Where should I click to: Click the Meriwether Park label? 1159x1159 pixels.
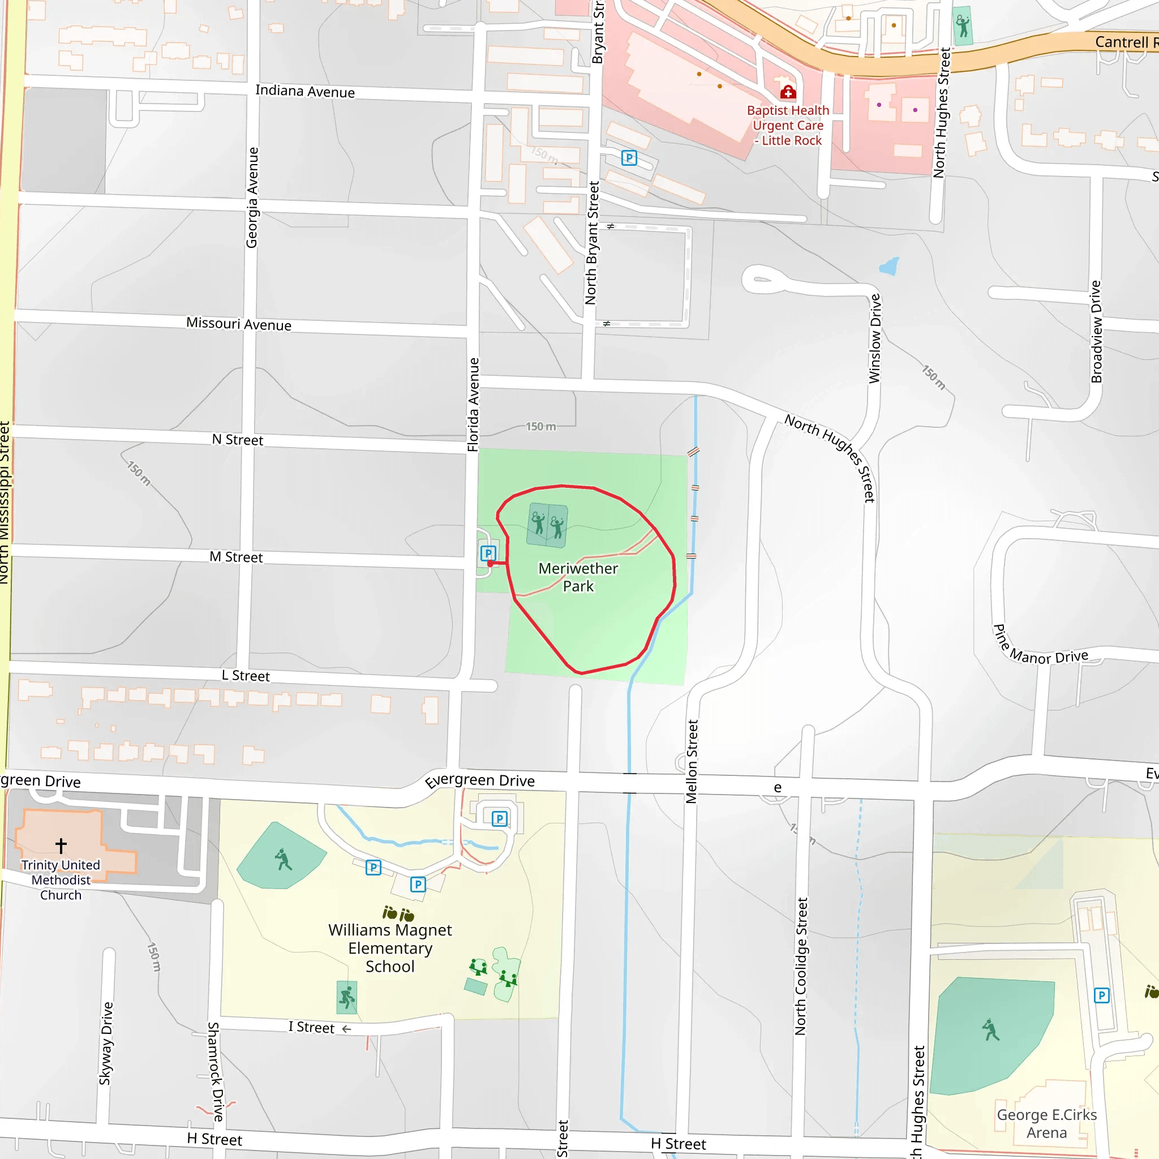tap(578, 577)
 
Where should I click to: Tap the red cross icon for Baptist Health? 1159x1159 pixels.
tap(788, 92)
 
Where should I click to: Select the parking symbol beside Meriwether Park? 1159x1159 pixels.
tap(488, 553)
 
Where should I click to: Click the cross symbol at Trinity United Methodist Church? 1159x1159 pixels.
tap(61, 845)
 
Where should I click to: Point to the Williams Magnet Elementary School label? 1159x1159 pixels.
tap(390, 948)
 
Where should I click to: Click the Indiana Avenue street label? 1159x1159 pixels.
tap(305, 91)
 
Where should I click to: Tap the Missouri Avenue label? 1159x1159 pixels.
tap(239, 324)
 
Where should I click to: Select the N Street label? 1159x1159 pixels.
tap(238, 440)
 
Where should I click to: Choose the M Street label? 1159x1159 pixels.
tap(236, 557)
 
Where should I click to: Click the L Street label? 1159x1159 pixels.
tap(246, 676)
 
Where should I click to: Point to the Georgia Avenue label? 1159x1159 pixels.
tap(252, 198)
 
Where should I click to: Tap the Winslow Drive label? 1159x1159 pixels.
tap(875, 338)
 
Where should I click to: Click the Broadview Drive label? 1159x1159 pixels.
tap(1097, 332)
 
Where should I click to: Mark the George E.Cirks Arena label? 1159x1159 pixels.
tap(1046, 1123)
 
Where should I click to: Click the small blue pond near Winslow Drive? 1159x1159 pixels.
tap(889, 266)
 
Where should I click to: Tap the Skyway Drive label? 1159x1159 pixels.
tap(106, 1043)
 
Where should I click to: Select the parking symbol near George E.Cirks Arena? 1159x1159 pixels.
tap(1101, 996)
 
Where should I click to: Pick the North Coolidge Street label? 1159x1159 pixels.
tap(801, 967)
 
